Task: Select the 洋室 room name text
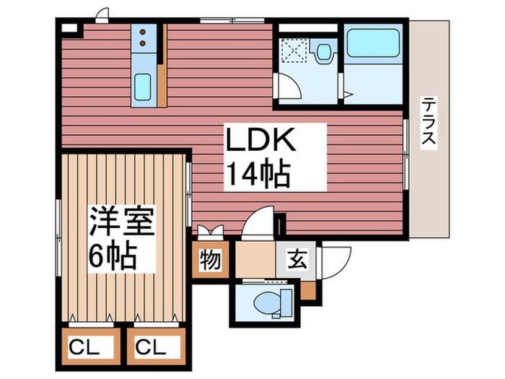[122, 223]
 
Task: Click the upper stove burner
[144, 32]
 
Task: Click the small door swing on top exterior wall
[102, 14]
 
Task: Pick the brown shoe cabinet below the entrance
[308, 290]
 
